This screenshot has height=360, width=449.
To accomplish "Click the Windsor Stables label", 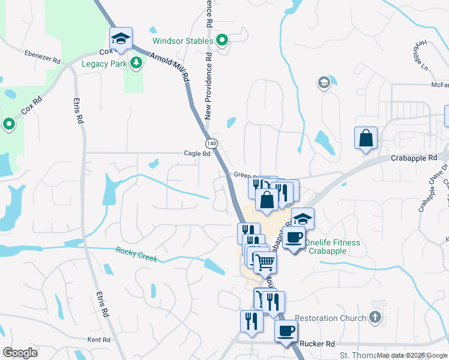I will point(182,41).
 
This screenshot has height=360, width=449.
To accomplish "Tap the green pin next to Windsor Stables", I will point(222,41).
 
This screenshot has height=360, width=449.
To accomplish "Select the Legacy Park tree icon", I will point(137,62).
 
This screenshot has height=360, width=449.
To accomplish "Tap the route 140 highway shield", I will point(211,144).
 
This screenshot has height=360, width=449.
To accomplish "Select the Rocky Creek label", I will point(136,254).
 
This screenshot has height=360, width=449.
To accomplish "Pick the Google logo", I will point(20,353).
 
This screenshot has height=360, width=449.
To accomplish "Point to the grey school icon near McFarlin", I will point(324,83).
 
